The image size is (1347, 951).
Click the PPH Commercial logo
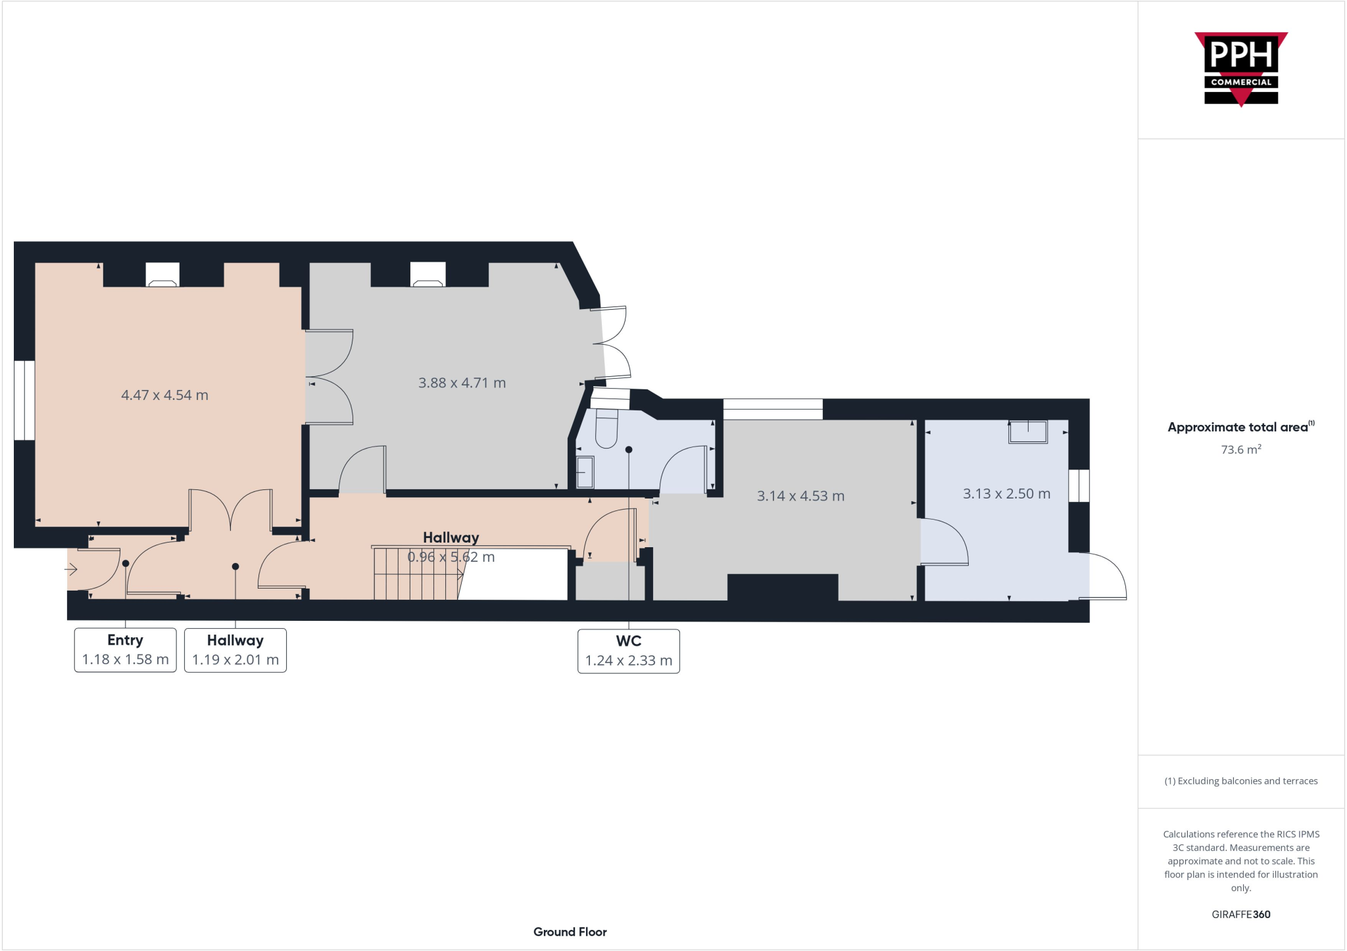tap(1240, 68)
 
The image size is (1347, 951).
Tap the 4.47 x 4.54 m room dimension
tap(164, 395)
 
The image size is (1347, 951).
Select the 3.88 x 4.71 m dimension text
tap(462, 383)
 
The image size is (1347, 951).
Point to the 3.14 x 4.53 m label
tap(800, 496)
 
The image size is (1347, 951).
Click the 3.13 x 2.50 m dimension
tap(1006, 493)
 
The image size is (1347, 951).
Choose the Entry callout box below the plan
tap(125, 650)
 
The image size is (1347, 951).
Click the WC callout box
tap(628, 651)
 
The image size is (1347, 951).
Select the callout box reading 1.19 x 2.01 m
tap(235, 650)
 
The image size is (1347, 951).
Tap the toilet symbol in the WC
tap(606, 428)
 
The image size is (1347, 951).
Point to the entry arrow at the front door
tap(72, 570)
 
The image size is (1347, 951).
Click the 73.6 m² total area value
tap(1240, 450)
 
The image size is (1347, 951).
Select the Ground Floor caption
tap(570, 932)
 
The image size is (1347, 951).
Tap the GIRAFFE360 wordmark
tap(1240, 914)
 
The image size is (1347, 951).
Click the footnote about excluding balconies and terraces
tap(1240, 781)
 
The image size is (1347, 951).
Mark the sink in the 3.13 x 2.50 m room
tap(1027, 432)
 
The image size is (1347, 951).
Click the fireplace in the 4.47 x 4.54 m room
tap(162, 276)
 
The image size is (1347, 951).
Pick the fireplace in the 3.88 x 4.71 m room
tap(428, 276)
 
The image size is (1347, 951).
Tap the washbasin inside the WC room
tap(585, 472)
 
